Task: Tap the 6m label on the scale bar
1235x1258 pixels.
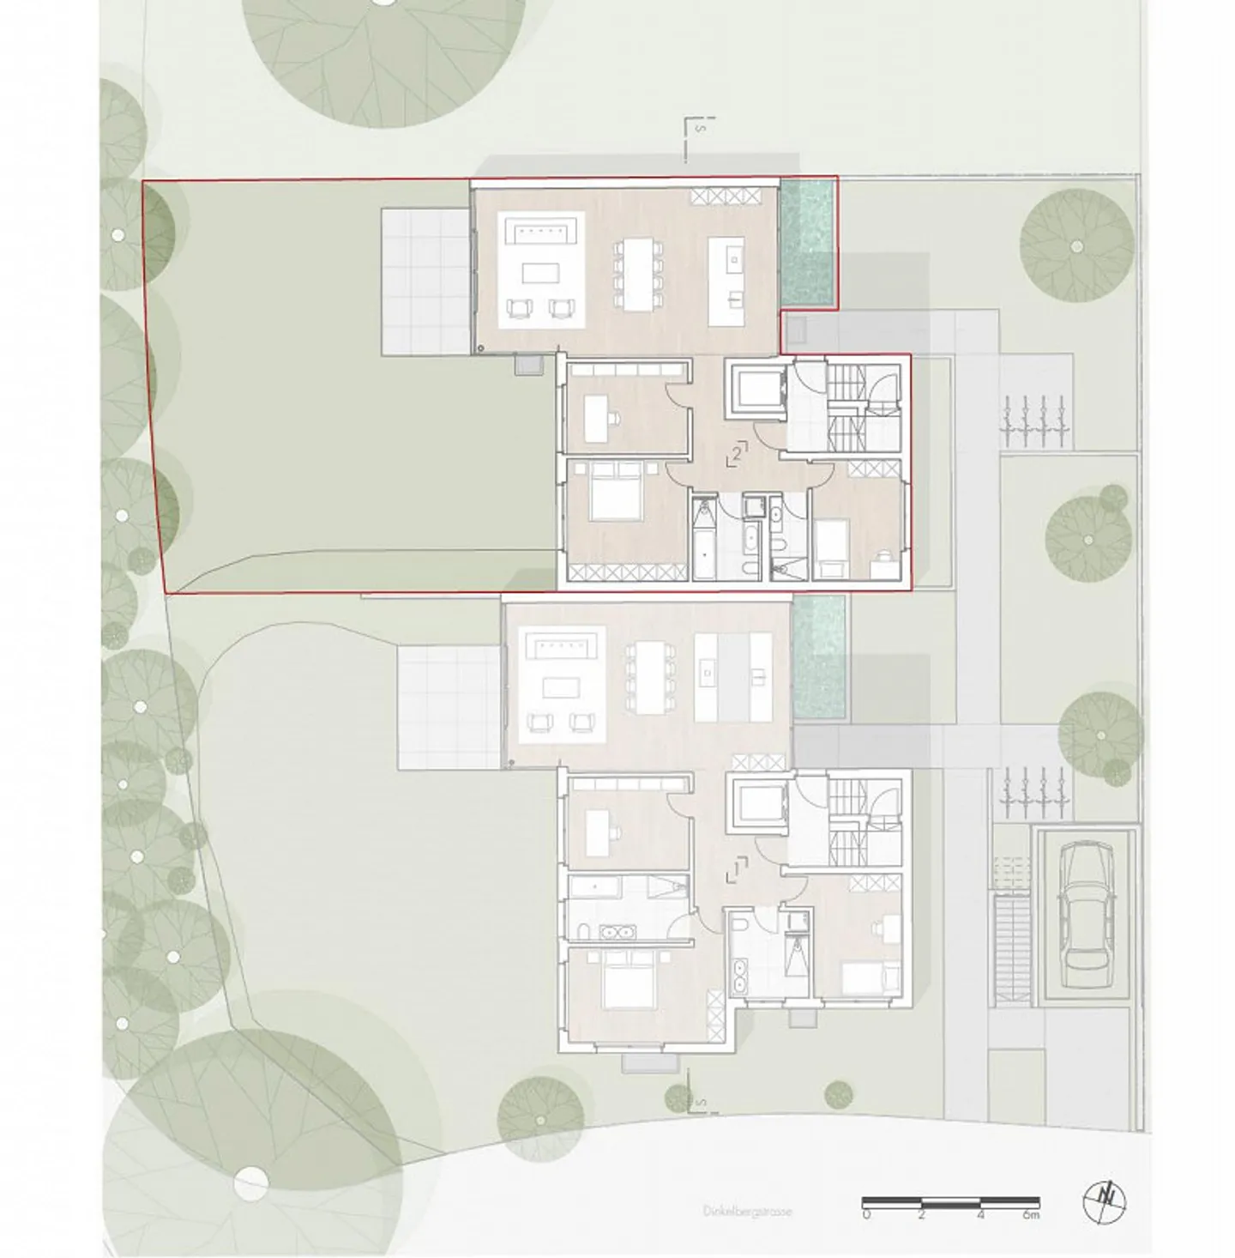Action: (x=1030, y=1215)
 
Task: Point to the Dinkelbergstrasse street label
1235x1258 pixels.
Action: (x=746, y=1212)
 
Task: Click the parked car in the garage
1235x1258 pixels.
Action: (x=1084, y=916)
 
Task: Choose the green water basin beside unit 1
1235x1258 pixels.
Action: (x=819, y=657)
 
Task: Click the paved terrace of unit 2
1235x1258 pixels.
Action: (x=426, y=281)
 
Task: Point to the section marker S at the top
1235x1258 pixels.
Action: (x=700, y=129)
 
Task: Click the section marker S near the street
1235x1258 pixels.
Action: (x=702, y=1101)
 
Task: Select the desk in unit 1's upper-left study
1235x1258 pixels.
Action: (x=598, y=826)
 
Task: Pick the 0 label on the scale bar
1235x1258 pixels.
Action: (x=866, y=1215)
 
